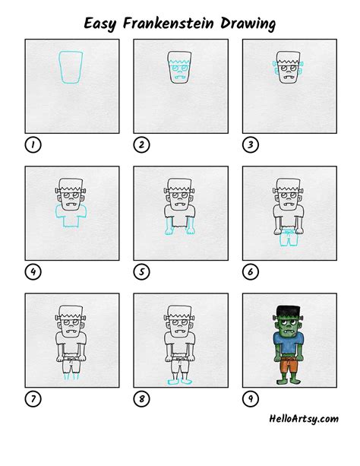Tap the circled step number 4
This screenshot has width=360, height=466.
coord(31,271)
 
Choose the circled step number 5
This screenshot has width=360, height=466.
coord(140,271)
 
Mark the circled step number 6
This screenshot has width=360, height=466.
coord(248,271)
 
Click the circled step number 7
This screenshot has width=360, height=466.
coord(31,397)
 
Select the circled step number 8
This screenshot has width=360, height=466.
coord(140,397)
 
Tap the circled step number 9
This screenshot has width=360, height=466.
coord(248,397)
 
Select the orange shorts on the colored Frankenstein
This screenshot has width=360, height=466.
coord(288,364)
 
